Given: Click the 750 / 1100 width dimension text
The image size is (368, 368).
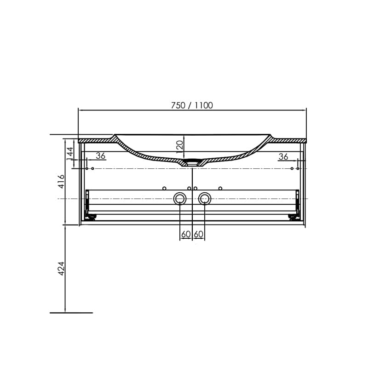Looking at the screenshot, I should pyautogui.click(x=192, y=105).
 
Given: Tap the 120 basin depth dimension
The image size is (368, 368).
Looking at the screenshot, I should pyautogui.click(x=180, y=145).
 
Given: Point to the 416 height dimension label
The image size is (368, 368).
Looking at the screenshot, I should pyautogui.click(x=61, y=181).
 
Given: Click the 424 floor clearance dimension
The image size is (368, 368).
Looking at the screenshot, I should pyautogui.click(x=61, y=268).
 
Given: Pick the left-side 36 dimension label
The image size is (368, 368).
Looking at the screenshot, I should pyautogui.click(x=100, y=156).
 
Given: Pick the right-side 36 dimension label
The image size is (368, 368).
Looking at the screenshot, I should pyautogui.click(x=283, y=157).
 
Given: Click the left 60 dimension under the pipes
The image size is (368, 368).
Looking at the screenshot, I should pyautogui.click(x=186, y=235).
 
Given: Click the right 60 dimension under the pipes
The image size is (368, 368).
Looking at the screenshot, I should pyautogui.click(x=199, y=235).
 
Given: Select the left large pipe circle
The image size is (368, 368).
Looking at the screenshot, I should pyautogui.click(x=180, y=199).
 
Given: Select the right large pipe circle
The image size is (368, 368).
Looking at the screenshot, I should pyautogui.click(x=205, y=199).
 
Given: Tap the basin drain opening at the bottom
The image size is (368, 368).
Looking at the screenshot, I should pyautogui.click(x=192, y=162).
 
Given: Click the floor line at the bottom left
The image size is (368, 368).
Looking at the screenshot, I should pyautogui.click(x=71, y=313).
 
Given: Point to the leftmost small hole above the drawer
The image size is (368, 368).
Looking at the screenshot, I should pyautogui.click(x=164, y=188).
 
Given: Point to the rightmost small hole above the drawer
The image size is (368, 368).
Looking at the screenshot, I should pyautogui.click(x=220, y=188).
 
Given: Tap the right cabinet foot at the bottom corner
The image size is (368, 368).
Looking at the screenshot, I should pyautogui.click(x=292, y=216).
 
